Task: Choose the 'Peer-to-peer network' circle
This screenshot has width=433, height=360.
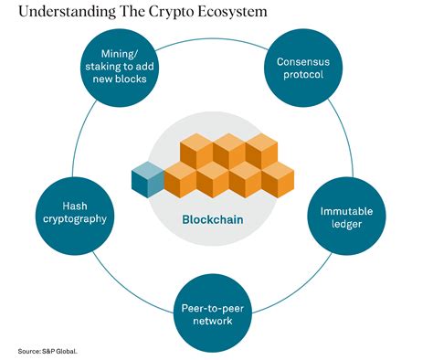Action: click(x=216, y=313)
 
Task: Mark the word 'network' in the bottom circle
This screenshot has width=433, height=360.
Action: click(x=216, y=321)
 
